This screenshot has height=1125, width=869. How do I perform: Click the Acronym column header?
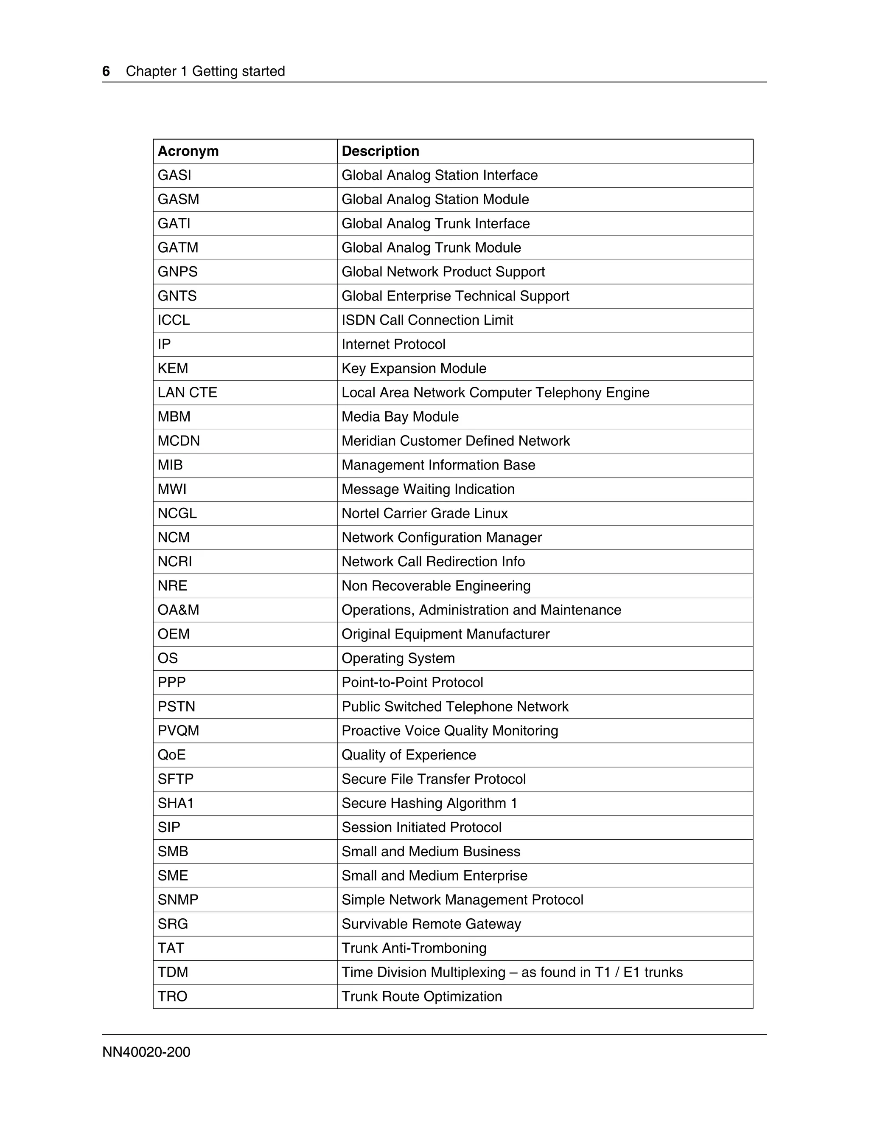point(188,151)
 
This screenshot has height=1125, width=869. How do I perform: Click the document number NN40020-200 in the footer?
point(146,1052)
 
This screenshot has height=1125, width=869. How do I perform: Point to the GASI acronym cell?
point(174,175)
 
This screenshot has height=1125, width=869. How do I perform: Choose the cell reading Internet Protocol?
point(393,344)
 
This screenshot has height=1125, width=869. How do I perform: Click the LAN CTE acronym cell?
point(188,393)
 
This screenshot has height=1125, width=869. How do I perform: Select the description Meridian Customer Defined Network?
point(456,441)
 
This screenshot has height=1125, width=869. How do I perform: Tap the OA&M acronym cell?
point(178,610)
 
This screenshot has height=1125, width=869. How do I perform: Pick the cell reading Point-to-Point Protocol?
point(412,683)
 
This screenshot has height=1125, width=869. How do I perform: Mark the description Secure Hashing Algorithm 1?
point(429,803)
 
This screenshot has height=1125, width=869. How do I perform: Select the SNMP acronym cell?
point(178,900)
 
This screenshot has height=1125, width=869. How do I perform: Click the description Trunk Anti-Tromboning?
point(414,948)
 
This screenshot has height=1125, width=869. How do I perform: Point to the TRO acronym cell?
point(172,996)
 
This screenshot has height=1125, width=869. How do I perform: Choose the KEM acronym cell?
point(173,368)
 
